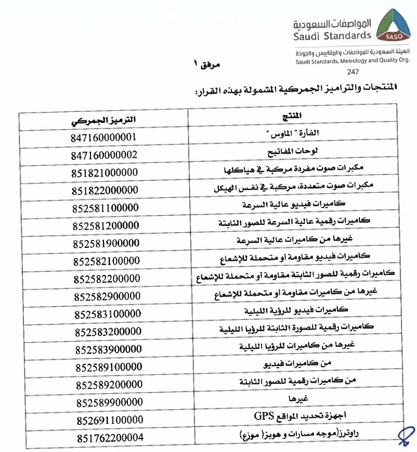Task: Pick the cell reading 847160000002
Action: coord(105,155)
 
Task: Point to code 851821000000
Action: coord(106,172)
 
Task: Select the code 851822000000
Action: coord(106,190)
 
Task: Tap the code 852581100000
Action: coord(106,208)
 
